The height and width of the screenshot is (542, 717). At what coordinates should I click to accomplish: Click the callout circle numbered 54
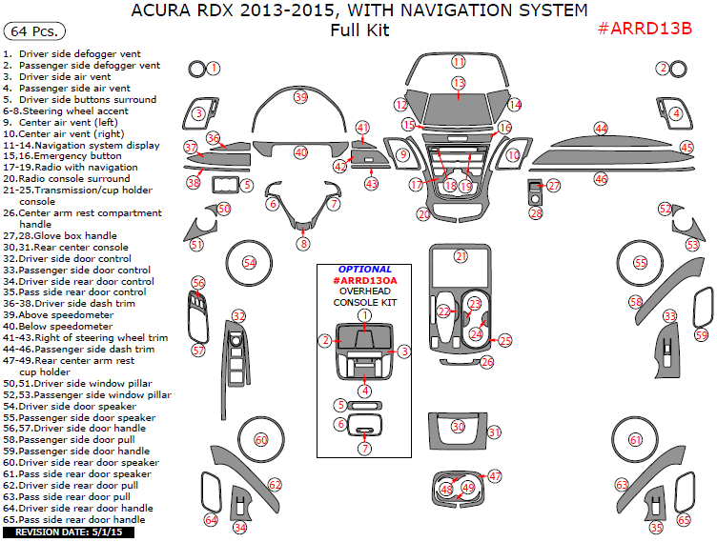(249, 262)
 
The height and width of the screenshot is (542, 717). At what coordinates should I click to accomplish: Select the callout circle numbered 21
(461, 256)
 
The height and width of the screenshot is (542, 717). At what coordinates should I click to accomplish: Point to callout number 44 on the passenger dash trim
(600, 128)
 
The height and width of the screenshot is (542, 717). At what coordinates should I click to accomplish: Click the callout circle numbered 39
(300, 97)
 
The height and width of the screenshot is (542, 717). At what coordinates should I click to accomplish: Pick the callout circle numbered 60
(260, 439)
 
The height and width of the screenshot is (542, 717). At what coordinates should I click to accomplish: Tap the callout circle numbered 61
(635, 439)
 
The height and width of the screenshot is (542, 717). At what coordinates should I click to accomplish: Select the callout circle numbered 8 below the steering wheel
(303, 243)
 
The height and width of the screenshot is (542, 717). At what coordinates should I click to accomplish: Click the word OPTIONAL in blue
(364, 270)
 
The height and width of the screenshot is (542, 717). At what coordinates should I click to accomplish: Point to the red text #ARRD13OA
(364, 281)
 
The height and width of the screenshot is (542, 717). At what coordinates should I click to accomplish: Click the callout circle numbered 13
(459, 84)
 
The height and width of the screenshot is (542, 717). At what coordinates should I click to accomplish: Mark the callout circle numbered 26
(487, 362)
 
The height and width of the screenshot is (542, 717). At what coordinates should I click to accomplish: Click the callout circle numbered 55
(640, 262)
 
